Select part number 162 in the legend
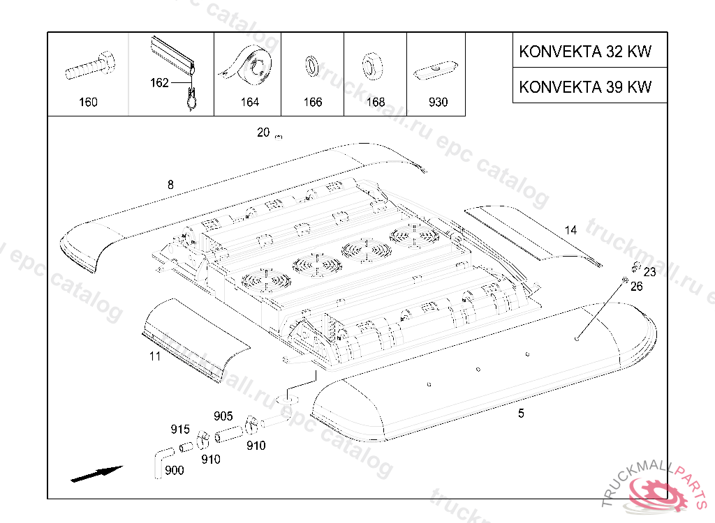coord(159,83)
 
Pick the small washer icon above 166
coord(311,66)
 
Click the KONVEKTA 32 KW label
coord(585,52)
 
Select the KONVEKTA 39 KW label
coord(585,86)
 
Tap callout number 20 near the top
coord(263,132)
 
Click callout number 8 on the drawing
coord(170,185)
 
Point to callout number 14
coord(570,230)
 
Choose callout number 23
coord(649,272)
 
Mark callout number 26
coord(636,286)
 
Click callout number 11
coord(155,356)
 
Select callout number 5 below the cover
coord(521,413)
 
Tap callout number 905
coord(223,416)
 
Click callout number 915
coord(180,429)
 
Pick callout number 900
coord(174,471)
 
